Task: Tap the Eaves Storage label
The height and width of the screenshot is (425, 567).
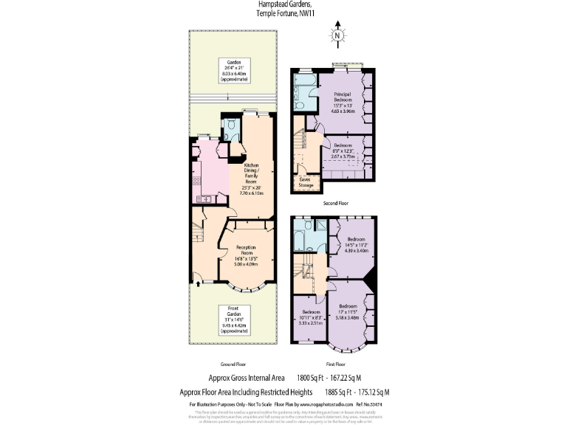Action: [306, 182]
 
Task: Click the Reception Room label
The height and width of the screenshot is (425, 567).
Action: [246, 255]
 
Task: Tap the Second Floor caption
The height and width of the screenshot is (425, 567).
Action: [336, 203]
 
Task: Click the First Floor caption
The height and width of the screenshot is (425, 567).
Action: [335, 364]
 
